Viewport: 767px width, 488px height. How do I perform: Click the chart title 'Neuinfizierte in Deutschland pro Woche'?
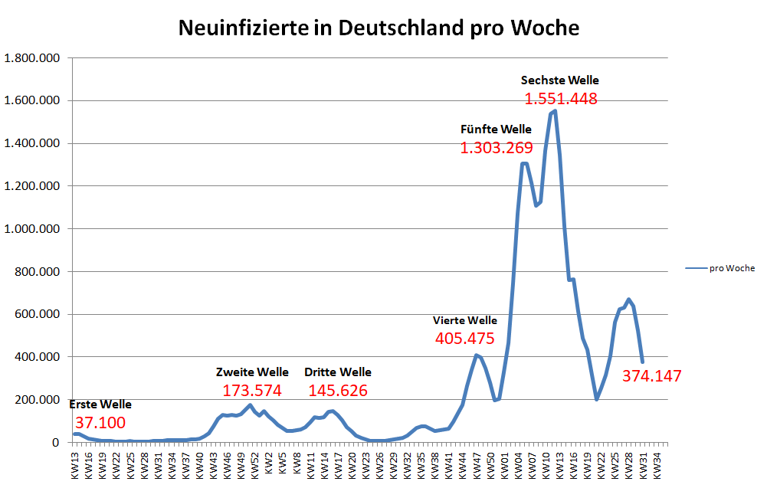379,28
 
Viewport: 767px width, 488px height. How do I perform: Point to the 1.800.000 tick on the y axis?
33,58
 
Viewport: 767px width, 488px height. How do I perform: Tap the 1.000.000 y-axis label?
33,229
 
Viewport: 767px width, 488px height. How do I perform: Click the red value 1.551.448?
560,99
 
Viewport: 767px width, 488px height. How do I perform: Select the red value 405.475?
464,338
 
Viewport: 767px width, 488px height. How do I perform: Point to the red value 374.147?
651,375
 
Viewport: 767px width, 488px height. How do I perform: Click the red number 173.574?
252,390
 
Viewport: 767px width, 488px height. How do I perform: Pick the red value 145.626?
338,390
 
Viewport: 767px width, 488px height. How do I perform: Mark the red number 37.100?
100,423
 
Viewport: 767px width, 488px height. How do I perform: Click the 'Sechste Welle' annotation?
560,80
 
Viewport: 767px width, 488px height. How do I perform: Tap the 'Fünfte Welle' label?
496,129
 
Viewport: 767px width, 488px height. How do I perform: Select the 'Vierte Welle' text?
464,320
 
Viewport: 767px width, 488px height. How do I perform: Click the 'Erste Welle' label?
100,404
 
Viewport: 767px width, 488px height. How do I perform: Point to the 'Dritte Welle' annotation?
338,372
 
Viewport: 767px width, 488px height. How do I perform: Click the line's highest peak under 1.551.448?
554,112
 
